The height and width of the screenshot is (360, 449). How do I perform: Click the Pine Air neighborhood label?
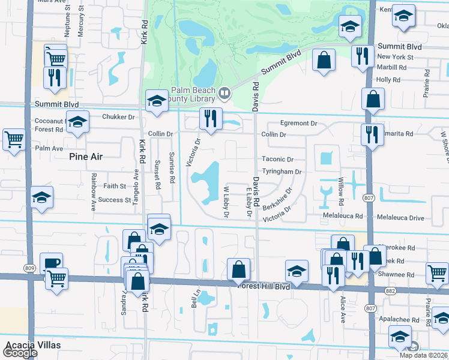click(86, 157)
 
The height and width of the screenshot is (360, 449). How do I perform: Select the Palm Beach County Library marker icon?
click(224, 92)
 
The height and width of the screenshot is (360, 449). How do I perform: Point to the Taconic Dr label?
click(277, 160)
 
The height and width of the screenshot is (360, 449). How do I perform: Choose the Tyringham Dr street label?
click(281, 172)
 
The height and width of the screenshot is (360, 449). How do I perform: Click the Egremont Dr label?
click(297, 123)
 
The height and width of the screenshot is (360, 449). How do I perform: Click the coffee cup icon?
click(51, 263)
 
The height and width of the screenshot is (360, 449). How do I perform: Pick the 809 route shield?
click(29, 268)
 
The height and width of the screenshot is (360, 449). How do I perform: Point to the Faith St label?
click(115, 186)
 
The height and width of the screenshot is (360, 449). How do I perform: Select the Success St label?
click(115, 200)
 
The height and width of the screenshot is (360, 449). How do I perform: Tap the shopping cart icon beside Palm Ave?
click(14, 139)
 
